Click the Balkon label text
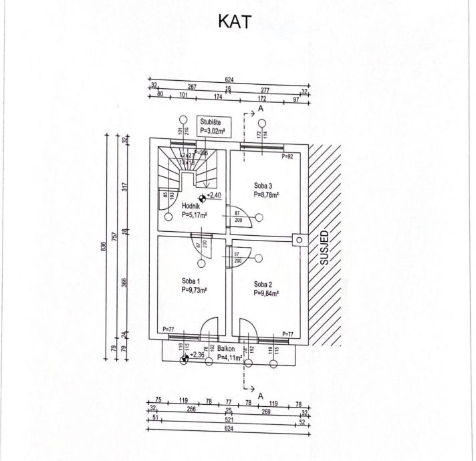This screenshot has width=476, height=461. pos(226,349)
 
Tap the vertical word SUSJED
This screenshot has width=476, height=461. pos(325,249)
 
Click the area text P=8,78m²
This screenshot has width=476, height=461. pos(266,195)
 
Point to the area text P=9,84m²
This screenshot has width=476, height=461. pos(266,293)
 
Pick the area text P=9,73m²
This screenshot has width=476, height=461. pos(193,291)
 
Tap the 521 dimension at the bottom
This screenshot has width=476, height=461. pos(229,420)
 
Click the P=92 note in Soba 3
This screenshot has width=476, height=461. pos(287,157)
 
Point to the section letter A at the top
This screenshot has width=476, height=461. pos(261,108)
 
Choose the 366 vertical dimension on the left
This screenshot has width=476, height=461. pos(124,283)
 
